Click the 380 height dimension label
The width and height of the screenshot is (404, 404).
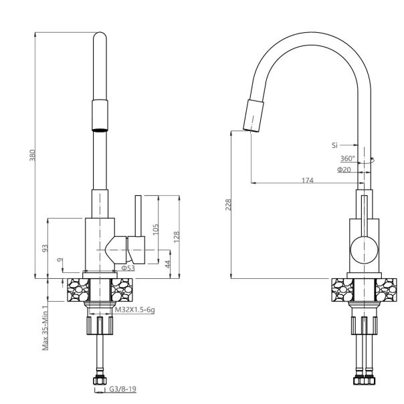coord(31,155)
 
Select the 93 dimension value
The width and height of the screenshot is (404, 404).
coord(45,247)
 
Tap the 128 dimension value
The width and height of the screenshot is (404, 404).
coord(177,236)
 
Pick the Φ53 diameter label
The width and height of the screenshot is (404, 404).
coord(128,268)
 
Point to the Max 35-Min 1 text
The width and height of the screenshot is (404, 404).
coord(45,327)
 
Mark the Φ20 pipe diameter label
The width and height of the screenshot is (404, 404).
coord(344,170)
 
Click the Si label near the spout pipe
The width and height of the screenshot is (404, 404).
coord(335,144)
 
